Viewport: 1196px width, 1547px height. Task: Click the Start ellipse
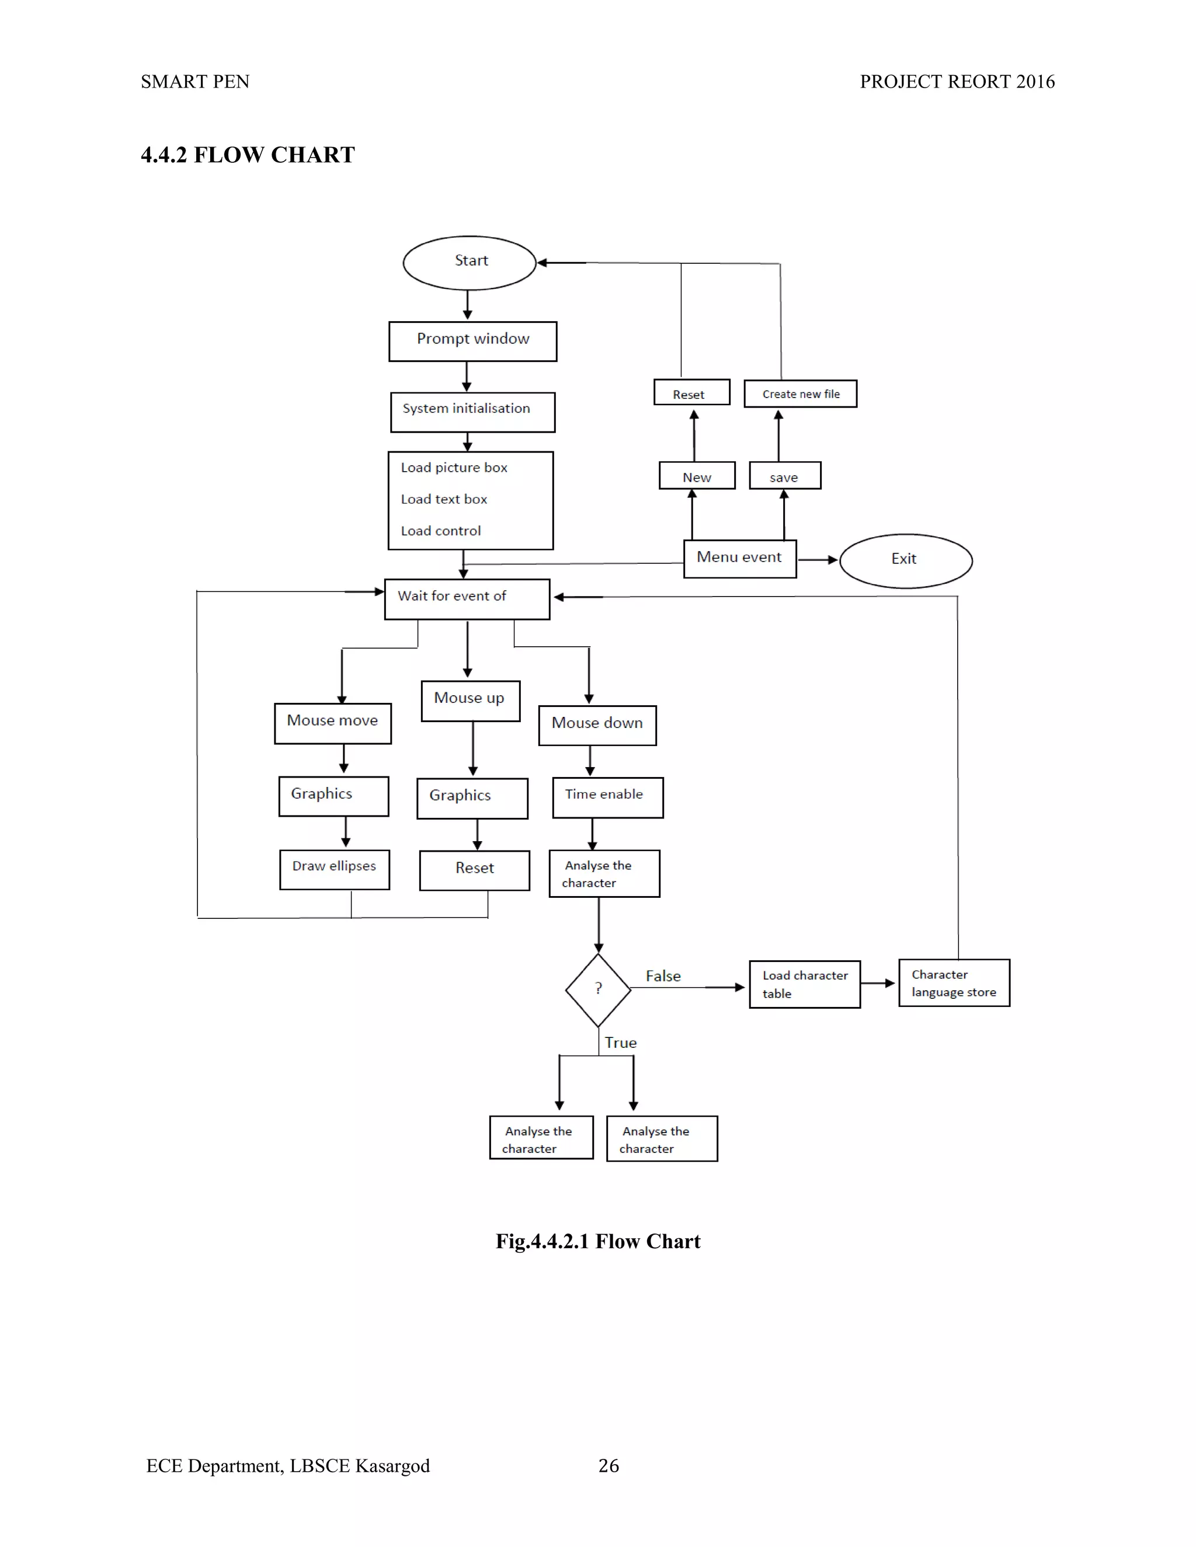click(x=469, y=263)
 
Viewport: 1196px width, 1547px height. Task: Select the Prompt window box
click(x=472, y=342)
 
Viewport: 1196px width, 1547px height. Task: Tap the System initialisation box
click(x=472, y=412)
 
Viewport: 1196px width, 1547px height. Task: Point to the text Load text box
click(x=444, y=499)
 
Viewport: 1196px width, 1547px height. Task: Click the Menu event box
click(x=740, y=559)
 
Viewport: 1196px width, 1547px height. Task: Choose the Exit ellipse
click(x=906, y=560)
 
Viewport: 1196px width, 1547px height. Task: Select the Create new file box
click(x=800, y=394)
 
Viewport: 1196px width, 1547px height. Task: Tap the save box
click(x=784, y=476)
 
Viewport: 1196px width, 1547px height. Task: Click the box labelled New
click(x=697, y=476)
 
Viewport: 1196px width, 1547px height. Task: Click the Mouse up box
click(x=471, y=701)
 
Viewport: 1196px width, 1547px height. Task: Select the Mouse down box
click(x=597, y=724)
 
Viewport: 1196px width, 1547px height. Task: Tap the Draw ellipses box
click(x=335, y=869)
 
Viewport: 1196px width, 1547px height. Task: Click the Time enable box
click(x=607, y=797)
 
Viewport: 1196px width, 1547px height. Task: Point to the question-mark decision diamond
click(x=598, y=989)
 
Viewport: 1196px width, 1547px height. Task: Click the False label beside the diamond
click(x=663, y=976)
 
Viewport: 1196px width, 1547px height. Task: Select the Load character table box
click(x=804, y=984)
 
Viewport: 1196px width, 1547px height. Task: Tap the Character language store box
click(x=954, y=983)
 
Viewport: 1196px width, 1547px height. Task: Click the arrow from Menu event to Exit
click(x=818, y=560)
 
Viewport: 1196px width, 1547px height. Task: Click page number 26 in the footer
click(x=609, y=1465)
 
